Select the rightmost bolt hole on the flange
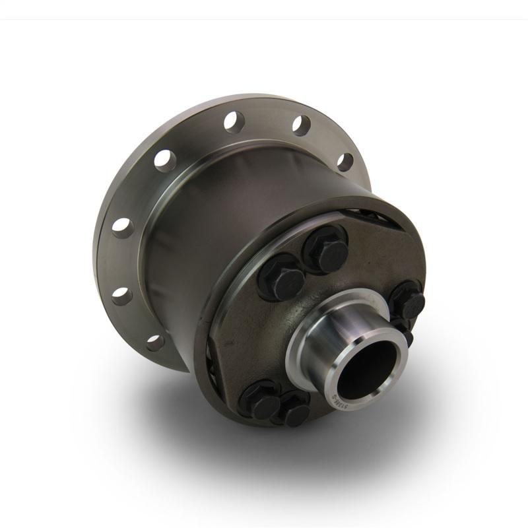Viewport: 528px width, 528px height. pos(345,162)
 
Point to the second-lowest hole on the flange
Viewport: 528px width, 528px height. pos(121,294)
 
